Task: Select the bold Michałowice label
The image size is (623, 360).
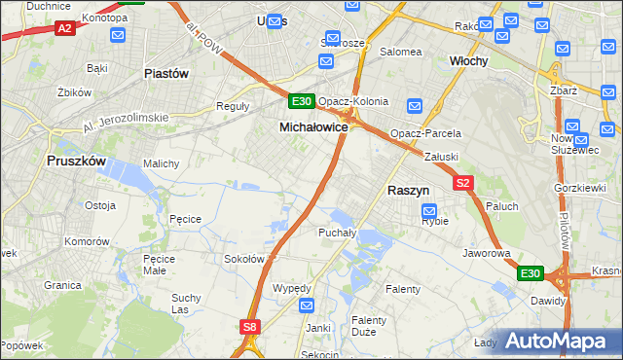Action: click(x=313, y=127)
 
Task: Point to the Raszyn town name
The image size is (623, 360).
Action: click(x=410, y=192)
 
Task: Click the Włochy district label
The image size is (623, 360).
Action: click(x=467, y=59)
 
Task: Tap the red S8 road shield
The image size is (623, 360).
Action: click(x=250, y=327)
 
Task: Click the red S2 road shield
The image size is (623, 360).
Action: click(x=461, y=183)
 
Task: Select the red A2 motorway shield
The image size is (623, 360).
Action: click(x=65, y=29)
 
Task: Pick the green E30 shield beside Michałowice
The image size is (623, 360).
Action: click(x=301, y=101)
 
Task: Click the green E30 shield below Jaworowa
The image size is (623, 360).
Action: click(x=530, y=274)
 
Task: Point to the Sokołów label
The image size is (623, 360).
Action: click(x=244, y=259)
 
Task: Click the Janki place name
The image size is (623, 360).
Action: click(x=317, y=328)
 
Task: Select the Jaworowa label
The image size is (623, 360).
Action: click(x=488, y=253)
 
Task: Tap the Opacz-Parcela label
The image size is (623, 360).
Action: click(x=425, y=133)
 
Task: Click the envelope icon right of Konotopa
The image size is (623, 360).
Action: click(x=118, y=35)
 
